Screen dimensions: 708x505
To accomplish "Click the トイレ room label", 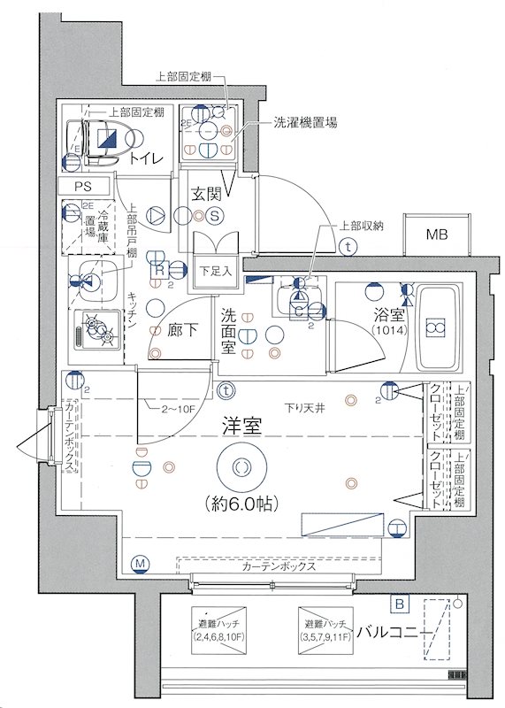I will pyautogui.click(x=144, y=159).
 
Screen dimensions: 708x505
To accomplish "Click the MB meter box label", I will pyautogui.click(x=437, y=235).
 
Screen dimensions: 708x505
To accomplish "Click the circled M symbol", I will pyautogui.click(x=139, y=564).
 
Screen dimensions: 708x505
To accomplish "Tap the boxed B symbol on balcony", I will pyautogui.click(x=401, y=604).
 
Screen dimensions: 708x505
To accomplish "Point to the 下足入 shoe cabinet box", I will pyautogui.click(x=214, y=271).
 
